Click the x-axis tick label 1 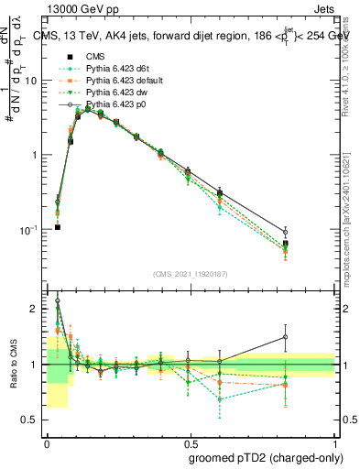335,441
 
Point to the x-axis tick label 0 46,441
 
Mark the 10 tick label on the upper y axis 32,81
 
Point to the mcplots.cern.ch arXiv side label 349,211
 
